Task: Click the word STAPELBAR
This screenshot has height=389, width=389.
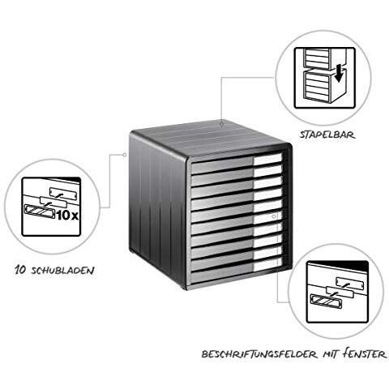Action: point(327,135)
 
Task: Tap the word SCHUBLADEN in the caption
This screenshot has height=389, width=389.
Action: point(62,270)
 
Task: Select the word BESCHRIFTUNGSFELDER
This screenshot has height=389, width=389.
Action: point(259,354)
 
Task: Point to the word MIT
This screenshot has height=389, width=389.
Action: point(330,354)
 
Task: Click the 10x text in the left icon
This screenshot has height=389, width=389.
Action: point(67,216)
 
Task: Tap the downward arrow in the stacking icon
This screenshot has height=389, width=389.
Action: point(339,75)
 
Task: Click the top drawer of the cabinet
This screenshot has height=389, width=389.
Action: point(237,163)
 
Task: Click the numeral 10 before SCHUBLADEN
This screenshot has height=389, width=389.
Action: point(20,270)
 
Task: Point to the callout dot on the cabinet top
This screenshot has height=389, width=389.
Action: point(221,124)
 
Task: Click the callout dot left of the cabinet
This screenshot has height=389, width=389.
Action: point(125,155)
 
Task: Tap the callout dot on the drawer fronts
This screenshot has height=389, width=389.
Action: point(274,216)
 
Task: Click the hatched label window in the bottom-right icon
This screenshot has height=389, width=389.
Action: point(326,301)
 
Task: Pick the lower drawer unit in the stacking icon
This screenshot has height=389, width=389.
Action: point(318,87)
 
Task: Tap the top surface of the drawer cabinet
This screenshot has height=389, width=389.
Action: point(211,140)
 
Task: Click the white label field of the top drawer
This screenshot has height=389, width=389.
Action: point(267,160)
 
